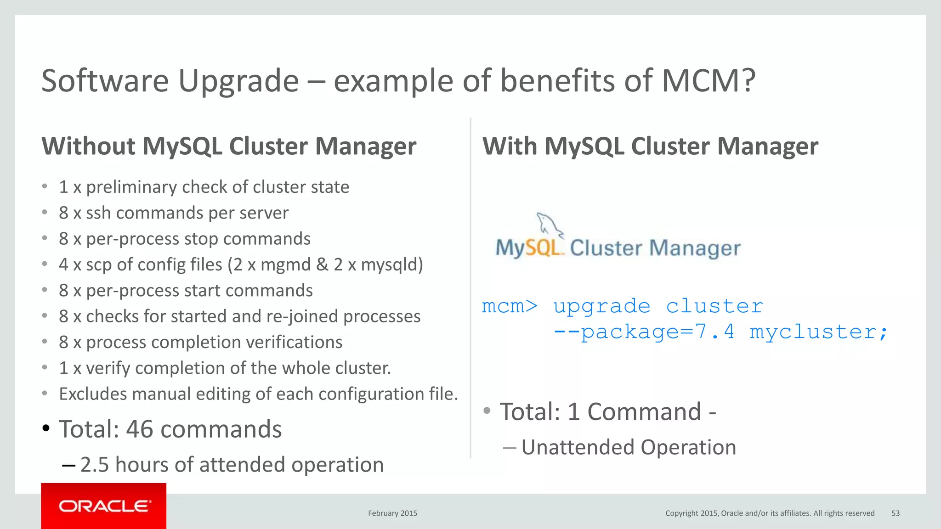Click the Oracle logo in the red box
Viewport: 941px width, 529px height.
coord(104,506)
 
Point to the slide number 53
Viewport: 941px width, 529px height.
coord(896,513)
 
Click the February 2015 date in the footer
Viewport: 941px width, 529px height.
coord(392,513)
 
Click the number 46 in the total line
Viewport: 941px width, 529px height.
coord(139,429)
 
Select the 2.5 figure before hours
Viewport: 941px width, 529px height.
coord(95,465)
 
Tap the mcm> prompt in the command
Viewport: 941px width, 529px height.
coord(509,306)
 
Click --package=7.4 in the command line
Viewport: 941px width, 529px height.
coord(643,332)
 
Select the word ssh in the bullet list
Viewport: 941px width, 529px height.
coord(98,213)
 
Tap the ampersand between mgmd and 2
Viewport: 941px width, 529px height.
coord(322,265)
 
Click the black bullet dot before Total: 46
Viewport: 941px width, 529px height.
coord(45,428)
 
